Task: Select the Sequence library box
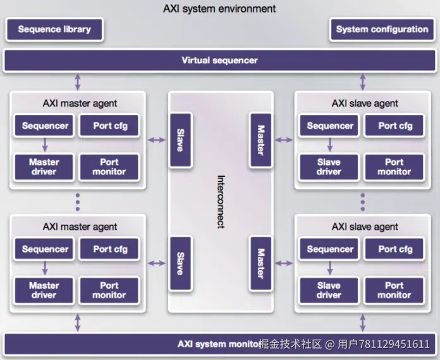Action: [54, 29]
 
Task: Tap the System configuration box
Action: [382, 29]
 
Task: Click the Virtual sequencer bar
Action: [219, 61]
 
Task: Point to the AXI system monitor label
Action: [219, 344]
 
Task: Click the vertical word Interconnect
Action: [221, 201]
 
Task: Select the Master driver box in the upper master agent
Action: [44, 167]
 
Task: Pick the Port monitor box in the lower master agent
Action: [109, 291]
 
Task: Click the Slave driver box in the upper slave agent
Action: [329, 167]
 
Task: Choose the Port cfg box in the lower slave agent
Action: [395, 249]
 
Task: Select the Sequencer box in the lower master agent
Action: [45, 249]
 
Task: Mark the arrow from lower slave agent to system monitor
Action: [363, 323]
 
